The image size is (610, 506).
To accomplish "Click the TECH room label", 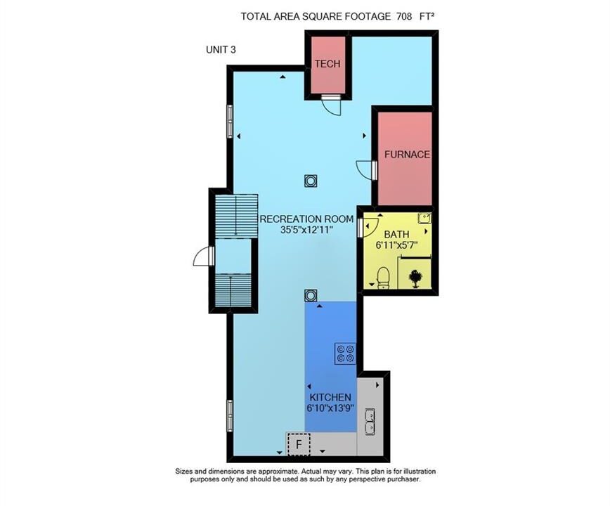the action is pyautogui.click(x=327, y=64).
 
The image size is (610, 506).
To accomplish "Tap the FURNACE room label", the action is pyautogui.click(x=407, y=155).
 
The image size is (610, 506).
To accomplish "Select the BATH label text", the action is pyautogui.click(x=396, y=235).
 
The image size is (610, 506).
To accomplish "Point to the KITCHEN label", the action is pyautogui.click(x=330, y=398).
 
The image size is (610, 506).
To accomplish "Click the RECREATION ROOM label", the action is pyautogui.click(x=306, y=219).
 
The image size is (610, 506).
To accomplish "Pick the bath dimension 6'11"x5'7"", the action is pyautogui.click(x=396, y=245).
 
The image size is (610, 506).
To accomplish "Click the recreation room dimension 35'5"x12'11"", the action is pyautogui.click(x=307, y=230).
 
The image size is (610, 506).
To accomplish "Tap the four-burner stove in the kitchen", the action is pyautogui.click(x=345, y=353).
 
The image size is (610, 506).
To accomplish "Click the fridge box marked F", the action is pyautogui.click(x=299, y=444).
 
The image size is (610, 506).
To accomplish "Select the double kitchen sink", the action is pyautogui.click(x=370, y=421).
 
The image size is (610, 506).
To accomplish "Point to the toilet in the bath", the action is pyautogui.click(x=383, y=278).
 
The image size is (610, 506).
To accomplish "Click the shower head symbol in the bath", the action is pyautogui.click(x=415, y=278).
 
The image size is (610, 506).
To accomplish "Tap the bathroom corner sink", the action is pyautogui.click(x=424, y=218).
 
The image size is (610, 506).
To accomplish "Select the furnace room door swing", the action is pyautogui.click(x=365, y=169).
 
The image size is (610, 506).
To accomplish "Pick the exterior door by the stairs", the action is pyautogui.click(x=202, y=257).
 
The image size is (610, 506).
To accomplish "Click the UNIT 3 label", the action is pyautogui.click(x=221, y=50).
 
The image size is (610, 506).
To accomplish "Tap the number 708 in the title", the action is pyautogui.click(x=404, y=16).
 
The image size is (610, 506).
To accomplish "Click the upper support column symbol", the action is pyautogui.click(x=311, y=181).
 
